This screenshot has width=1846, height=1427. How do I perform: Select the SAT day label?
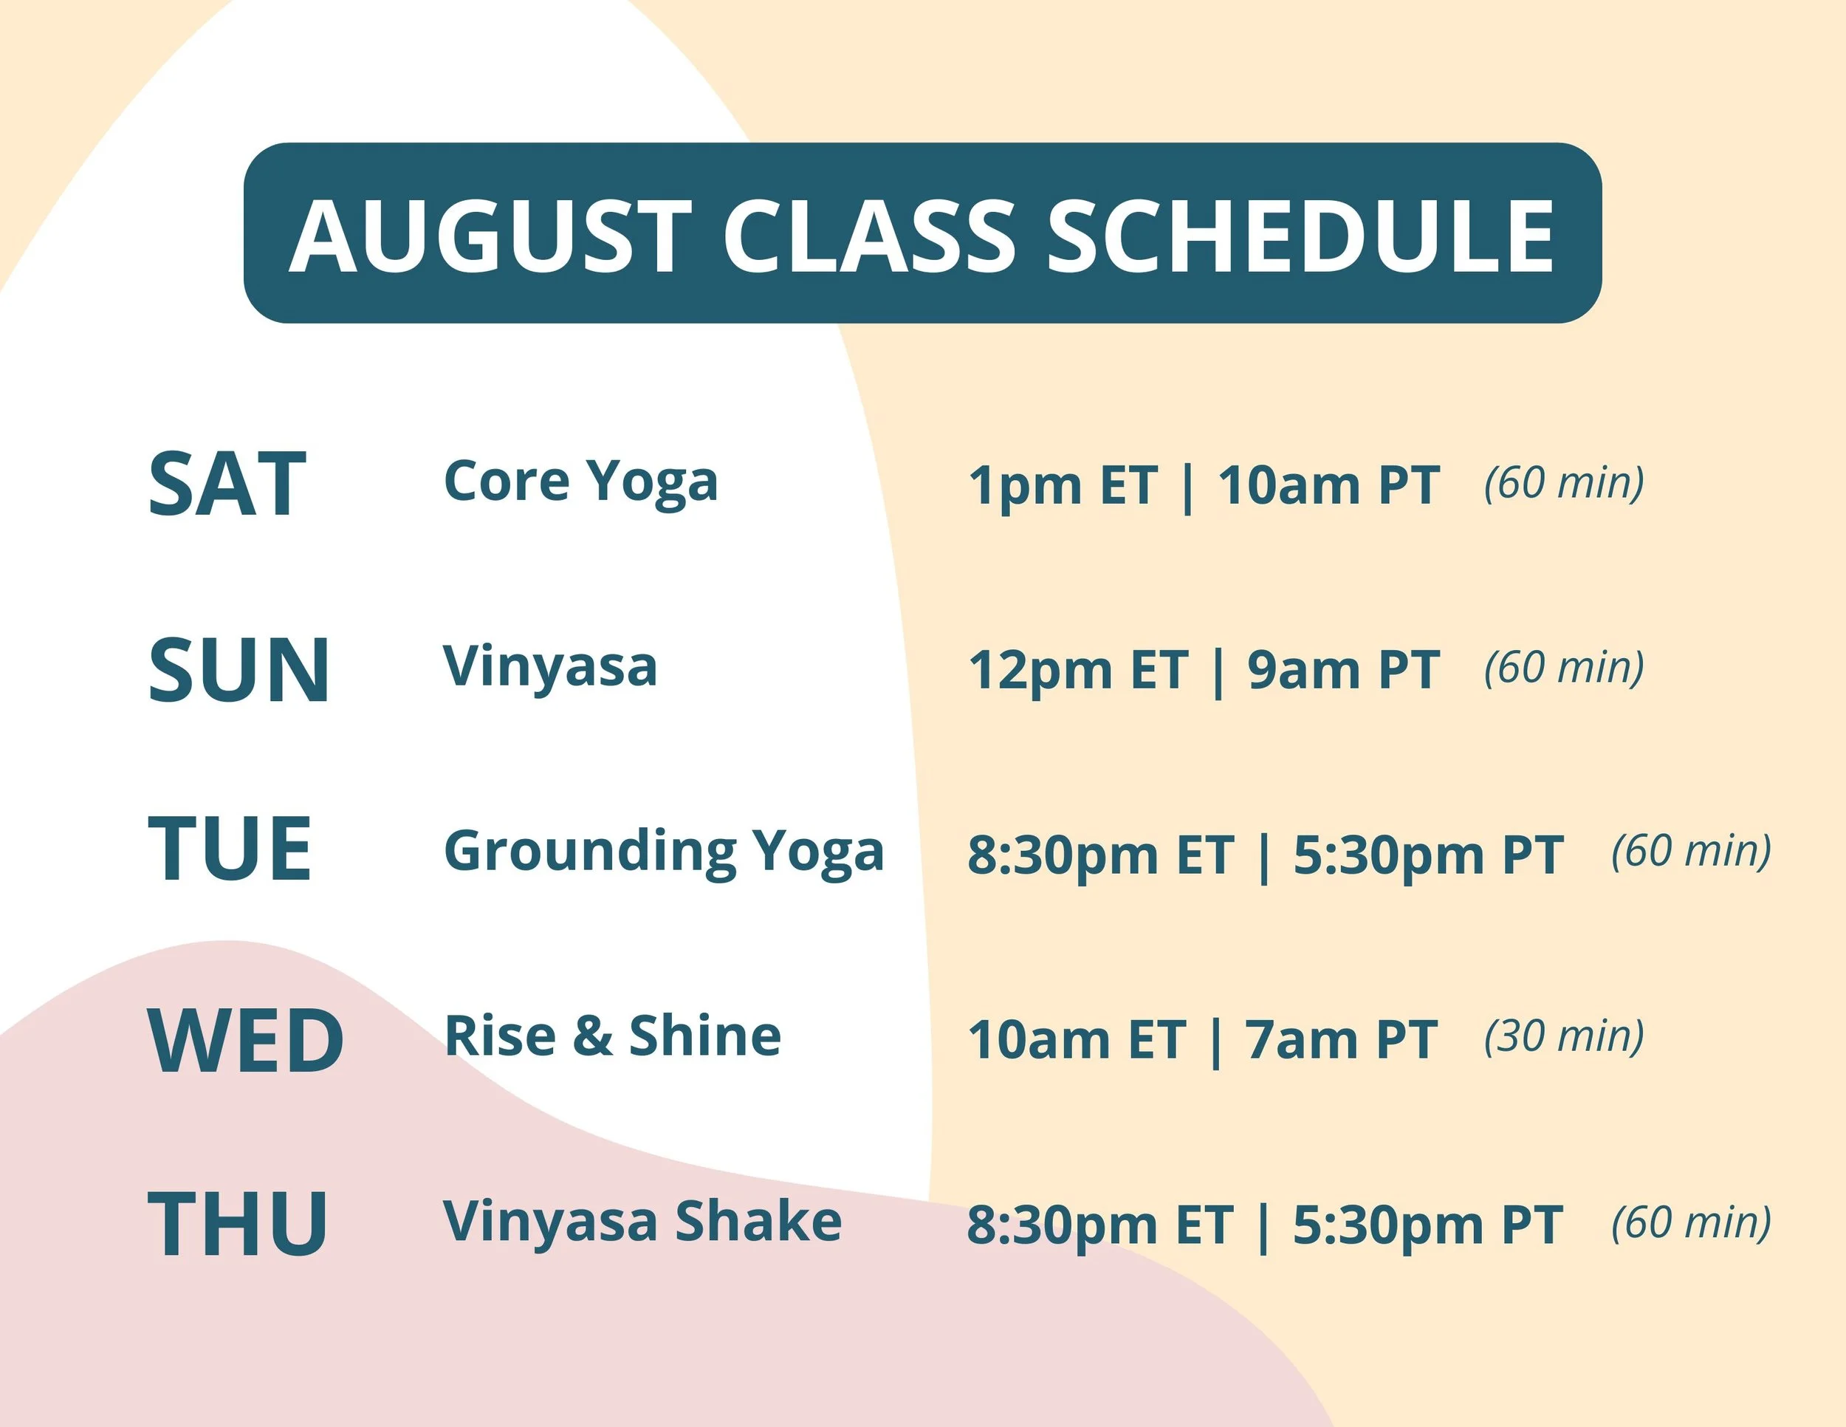pyautogui.click(x=227, y=485)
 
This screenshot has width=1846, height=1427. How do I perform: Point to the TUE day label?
pyautogui.click(x=230, y=849)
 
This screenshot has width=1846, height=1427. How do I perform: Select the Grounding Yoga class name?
pyautogui.click(x=664, y=852)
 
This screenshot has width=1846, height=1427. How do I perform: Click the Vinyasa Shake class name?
pyautogui.click(x=642, y=1222)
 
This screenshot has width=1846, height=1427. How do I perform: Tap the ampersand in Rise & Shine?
pyautogui.click(x=592, y=1036)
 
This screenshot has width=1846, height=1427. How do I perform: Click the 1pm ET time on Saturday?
pyautogui.click(x=1063, y=486)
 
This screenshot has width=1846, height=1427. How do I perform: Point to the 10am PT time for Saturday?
pyautogui.click(x=1328, y=486)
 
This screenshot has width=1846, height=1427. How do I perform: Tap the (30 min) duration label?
pyautogui.click(x=1565, y=1036)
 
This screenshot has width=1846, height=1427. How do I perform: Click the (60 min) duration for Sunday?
pyautogui.click(x=1565, y=668)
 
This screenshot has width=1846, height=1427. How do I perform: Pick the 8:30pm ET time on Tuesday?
pyautogui.click(x=1100, y=855)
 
